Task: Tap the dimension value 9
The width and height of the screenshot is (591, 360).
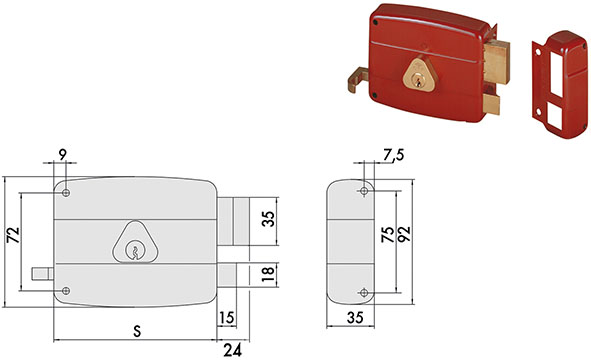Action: pyautogui.click(x=64, y=155)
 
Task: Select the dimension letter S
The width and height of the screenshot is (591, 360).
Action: pyautogui.click(x=135, y=329)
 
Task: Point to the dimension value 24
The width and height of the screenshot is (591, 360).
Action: pyautogui.click(x=233, y=349)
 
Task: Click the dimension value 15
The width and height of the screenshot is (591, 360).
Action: pyautogui.click(x=227, y=318)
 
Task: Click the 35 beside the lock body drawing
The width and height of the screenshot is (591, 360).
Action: pyautogui.click(x=268, y=221)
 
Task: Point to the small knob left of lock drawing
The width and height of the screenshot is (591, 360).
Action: pyautogui.click(x=41, y=272)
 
